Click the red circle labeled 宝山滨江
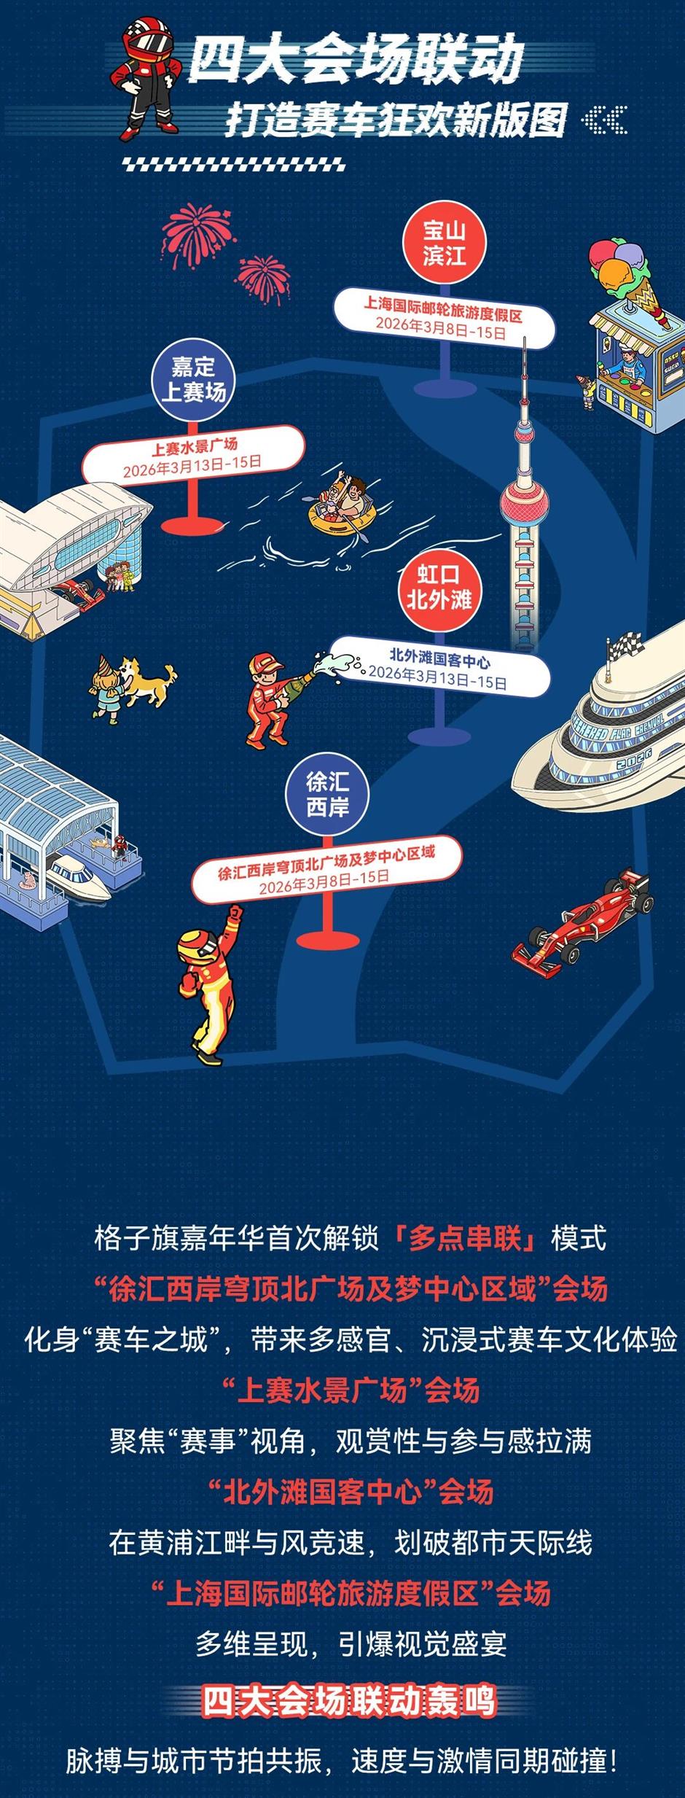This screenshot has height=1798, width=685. coord(444,244)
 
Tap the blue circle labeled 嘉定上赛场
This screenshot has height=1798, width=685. coord(193,380)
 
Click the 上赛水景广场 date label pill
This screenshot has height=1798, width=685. coord(193,456)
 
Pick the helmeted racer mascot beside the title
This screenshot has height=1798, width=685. coord(149,77)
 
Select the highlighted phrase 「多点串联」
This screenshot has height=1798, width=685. coord(467,1238)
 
